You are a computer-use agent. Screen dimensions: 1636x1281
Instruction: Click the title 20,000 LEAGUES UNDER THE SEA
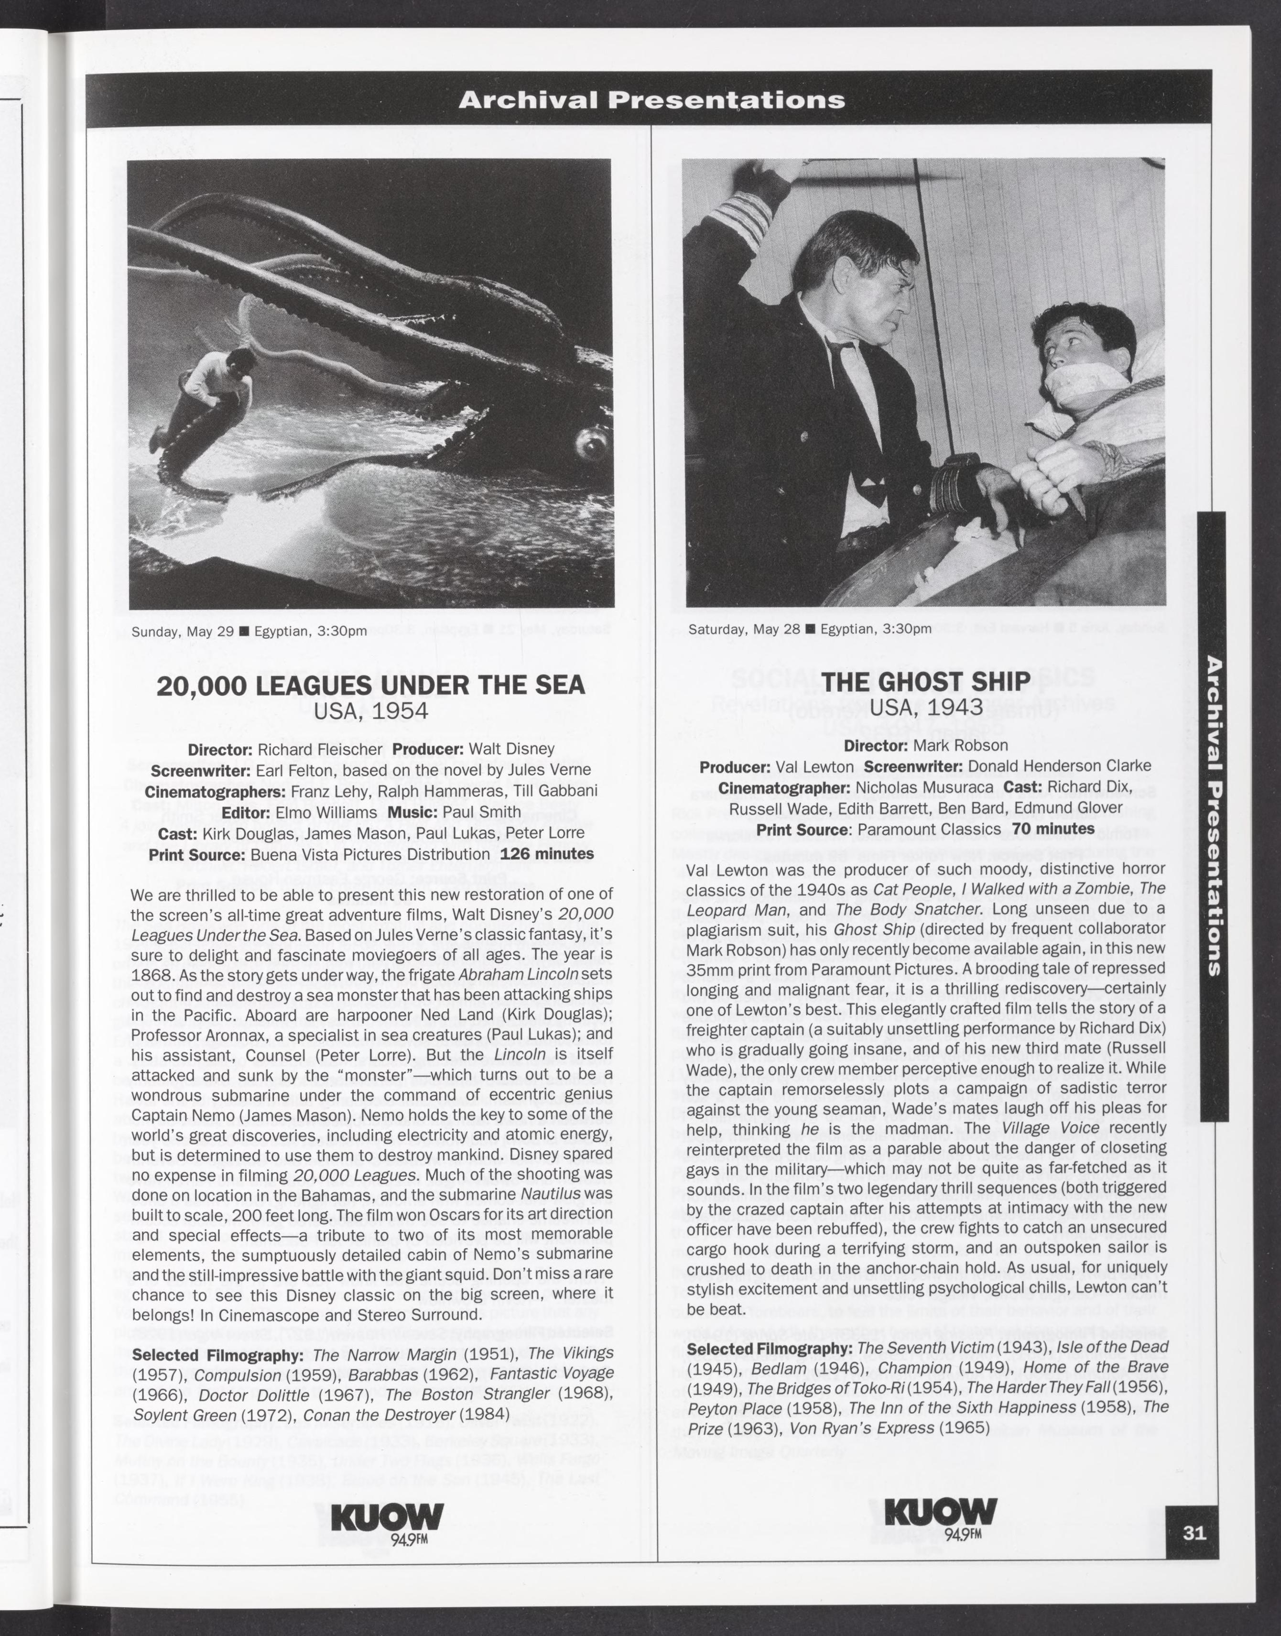370,686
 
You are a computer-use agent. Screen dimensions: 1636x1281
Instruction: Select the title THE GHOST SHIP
926,681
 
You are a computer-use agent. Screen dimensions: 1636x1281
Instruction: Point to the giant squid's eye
590,446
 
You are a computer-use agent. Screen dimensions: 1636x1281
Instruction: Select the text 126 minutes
547,854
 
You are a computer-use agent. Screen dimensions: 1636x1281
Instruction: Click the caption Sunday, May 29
183,631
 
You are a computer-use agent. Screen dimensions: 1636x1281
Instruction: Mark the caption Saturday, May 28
744,629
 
